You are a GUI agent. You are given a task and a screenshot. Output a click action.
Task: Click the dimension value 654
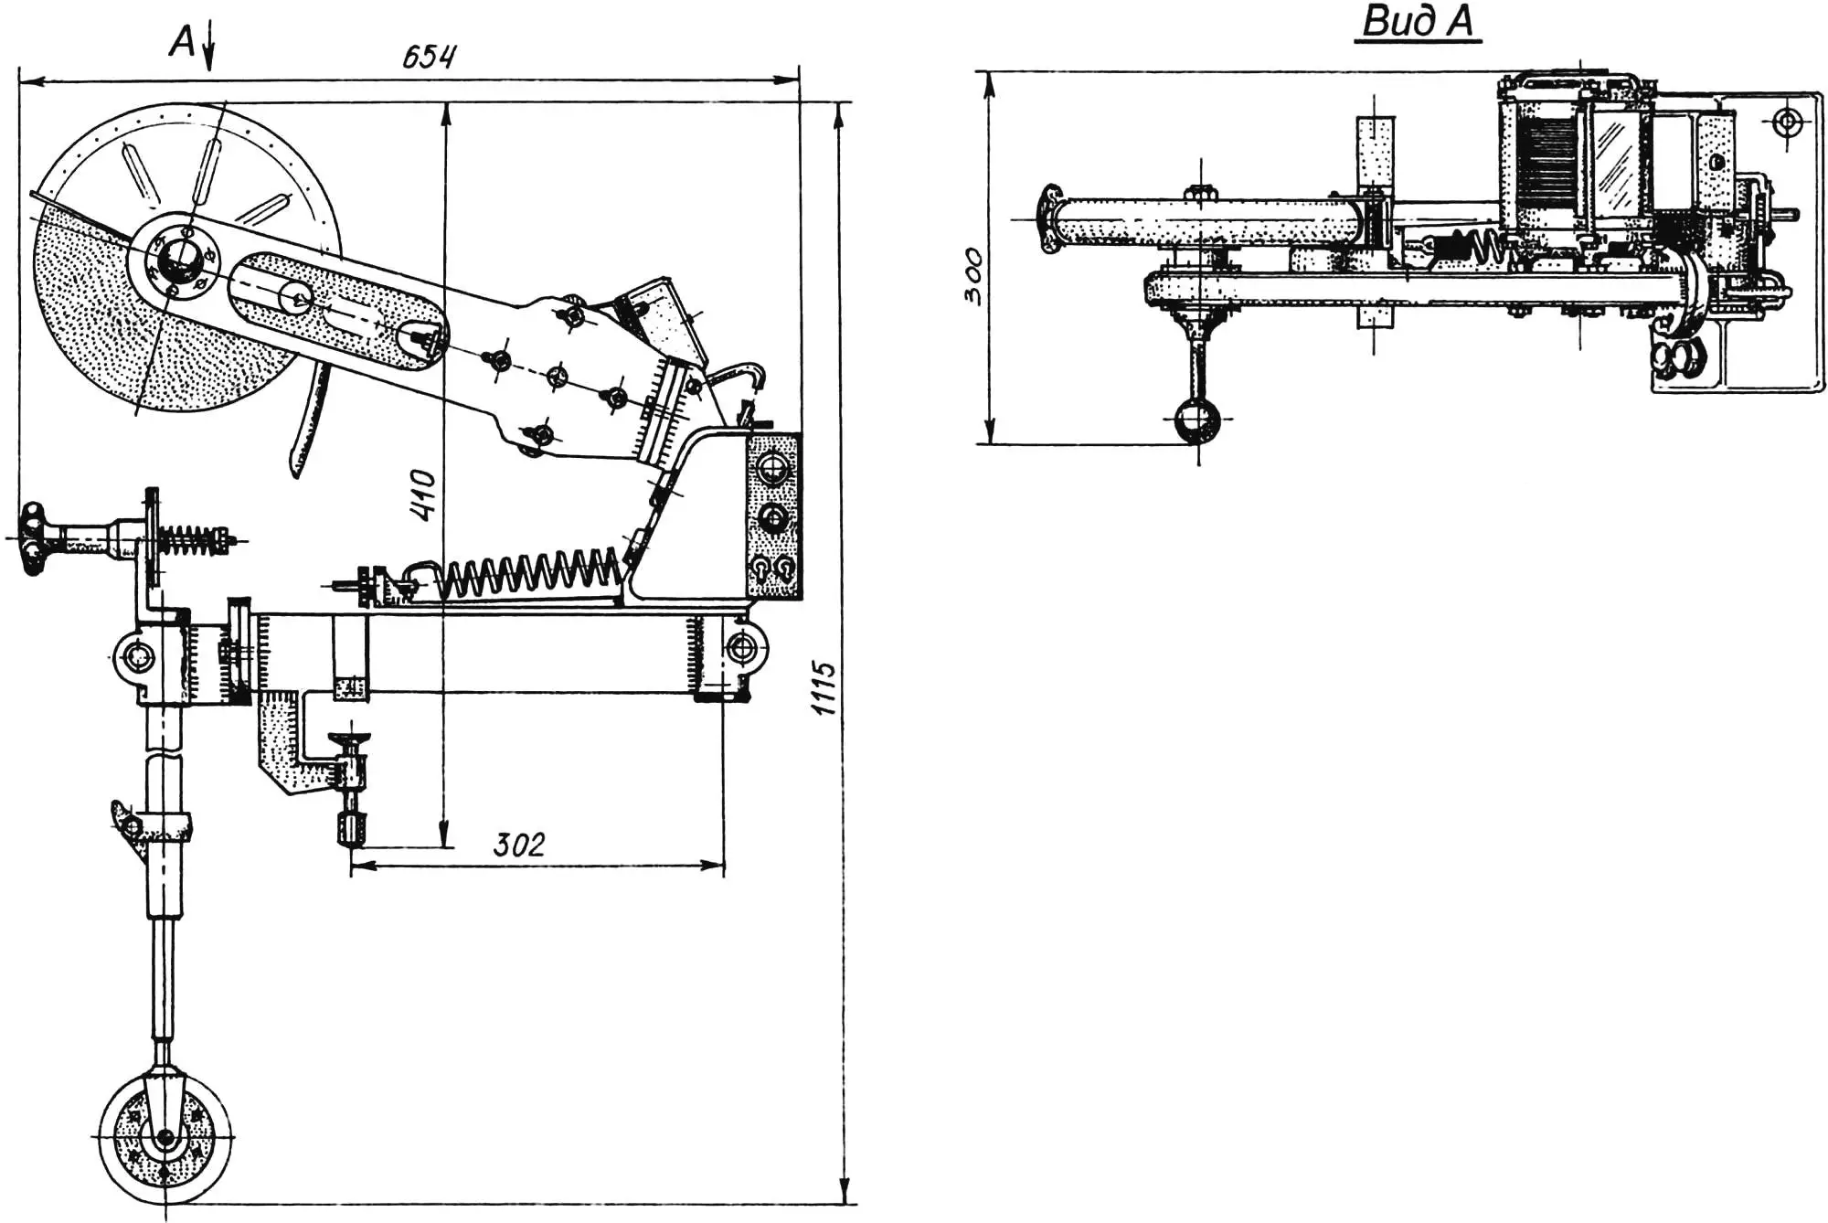tap(429, 57)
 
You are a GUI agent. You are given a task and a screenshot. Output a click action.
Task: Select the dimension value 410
tap(424, 495)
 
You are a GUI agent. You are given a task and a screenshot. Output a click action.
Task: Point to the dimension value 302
tap(518, 845)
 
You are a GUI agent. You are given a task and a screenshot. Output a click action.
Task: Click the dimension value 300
tap(973, 275)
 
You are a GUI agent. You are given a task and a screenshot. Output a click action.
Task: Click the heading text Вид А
tap(1418, 22)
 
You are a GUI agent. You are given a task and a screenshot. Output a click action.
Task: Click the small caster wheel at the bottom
tap(165, 1139)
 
